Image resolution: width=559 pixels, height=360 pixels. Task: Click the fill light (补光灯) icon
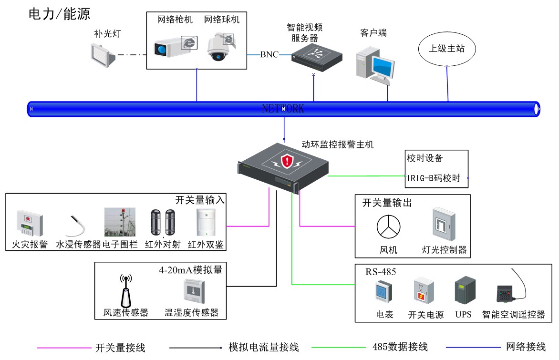tap(103, 53)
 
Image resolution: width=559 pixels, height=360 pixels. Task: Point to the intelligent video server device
tap(317, 57)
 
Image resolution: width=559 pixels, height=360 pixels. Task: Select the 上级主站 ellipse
tap(446, 48)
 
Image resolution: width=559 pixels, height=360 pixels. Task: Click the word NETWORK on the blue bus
tap(283, 109)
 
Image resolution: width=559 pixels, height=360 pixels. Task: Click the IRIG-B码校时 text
tap(434, 178)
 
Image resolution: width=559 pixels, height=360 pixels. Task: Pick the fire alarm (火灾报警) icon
tap(30, 223)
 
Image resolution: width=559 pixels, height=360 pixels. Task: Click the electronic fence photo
tap(120, 222)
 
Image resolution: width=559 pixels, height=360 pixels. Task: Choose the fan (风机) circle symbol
tap(389, 226)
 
